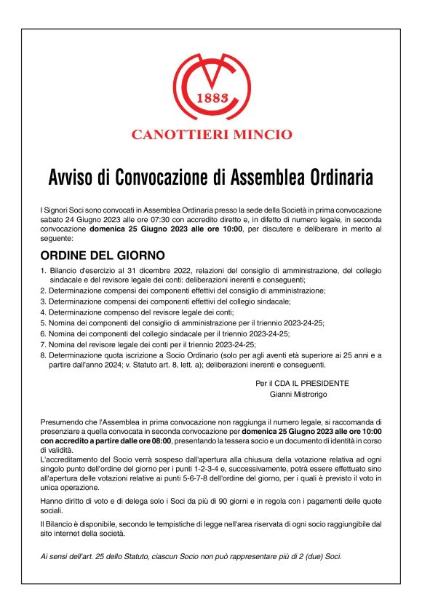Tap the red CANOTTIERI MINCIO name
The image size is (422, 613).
coord(211,134)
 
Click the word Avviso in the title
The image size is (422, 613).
coord(75,178)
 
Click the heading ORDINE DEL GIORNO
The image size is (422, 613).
coord(103,256)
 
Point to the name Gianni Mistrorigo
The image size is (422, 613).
coord(298,394)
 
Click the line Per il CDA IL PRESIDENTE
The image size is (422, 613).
coord(302,383)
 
